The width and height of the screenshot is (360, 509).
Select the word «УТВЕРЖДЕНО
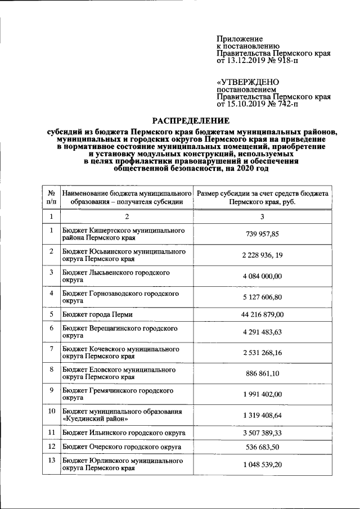242,82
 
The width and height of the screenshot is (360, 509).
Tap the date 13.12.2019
245,60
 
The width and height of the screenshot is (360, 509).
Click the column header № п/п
51,197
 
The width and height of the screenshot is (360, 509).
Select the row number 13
51,461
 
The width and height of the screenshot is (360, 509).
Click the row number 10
51,411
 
